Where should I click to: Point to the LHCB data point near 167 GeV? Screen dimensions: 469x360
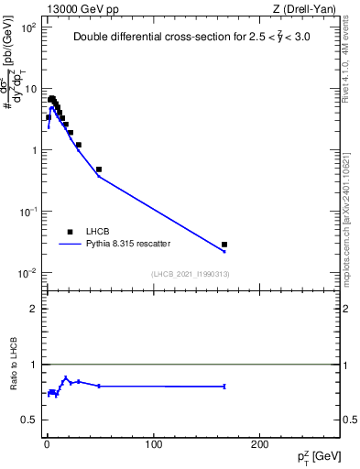[224, 245]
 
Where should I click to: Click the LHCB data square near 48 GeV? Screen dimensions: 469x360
[98, 169]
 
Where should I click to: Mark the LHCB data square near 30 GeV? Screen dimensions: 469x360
[79, 145]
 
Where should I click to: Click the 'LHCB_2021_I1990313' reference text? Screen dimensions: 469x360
[191, 275]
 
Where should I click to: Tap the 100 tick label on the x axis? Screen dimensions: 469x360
[153, 443]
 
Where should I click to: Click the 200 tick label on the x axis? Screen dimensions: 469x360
[260, 443]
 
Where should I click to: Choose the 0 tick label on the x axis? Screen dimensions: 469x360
[47, 443]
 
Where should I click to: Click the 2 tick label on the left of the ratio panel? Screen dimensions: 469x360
[34, 309]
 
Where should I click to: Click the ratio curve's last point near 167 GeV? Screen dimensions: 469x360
[224, 387]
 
